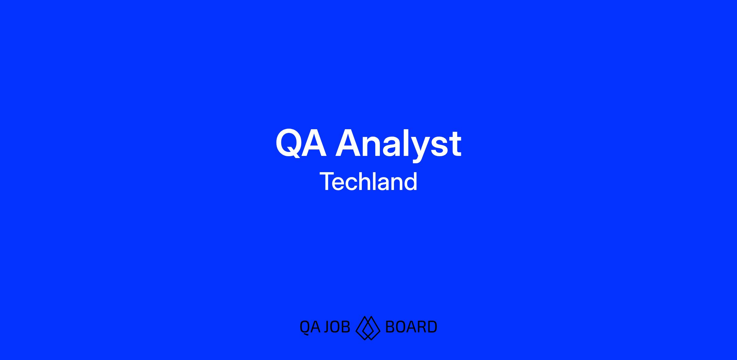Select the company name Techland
368,181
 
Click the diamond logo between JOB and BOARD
368,328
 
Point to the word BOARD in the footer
411,327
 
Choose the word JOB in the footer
337,327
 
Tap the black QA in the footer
310,327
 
